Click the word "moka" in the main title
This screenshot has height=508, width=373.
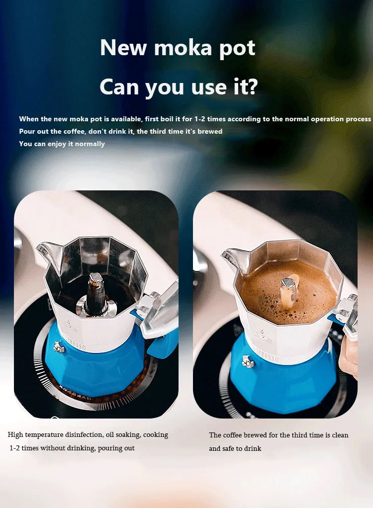tap(183, 48)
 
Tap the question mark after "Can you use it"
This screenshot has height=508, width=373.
tap(252, 86)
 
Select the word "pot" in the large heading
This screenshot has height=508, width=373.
tap(237, 49)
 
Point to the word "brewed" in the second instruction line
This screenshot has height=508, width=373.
tap(210, 131)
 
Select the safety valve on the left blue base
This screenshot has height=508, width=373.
tap(59, 346)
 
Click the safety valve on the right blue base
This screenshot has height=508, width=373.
tap(248, 361)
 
